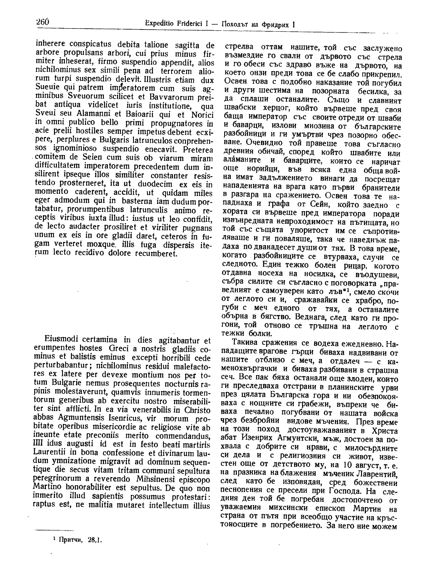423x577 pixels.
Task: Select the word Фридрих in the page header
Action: coord(277,25)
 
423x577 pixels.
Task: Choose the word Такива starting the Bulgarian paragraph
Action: coord(245,343)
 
